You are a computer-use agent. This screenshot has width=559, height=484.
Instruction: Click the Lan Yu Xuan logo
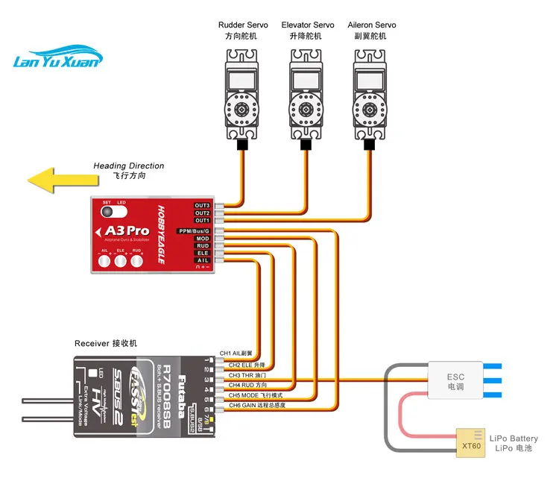(56, 60)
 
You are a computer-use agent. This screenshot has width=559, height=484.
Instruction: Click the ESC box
(455, 381)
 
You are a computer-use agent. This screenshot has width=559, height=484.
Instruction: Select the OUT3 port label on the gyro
(202, 205)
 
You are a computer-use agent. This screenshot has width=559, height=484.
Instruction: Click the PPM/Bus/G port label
(195, 231)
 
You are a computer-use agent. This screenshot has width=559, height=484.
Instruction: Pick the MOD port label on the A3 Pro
(203, 239)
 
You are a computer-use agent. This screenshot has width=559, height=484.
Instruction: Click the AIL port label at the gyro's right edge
(203, 260)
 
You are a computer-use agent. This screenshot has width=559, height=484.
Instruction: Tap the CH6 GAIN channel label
(256, 405)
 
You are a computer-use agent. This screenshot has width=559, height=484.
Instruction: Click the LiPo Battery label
(514, 439)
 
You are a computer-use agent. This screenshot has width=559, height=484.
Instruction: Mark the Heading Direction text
(128, 166)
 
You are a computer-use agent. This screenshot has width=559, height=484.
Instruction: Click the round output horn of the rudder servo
(242, 110)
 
